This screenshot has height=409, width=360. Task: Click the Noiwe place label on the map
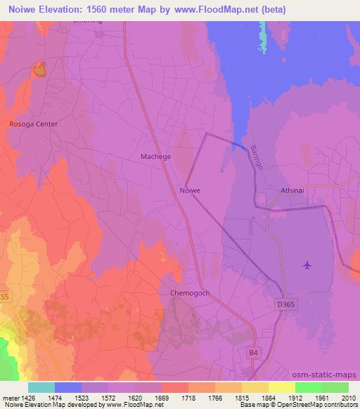point(190,190)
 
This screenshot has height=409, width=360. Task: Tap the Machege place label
point(157,157)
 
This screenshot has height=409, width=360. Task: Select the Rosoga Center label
point(33,124)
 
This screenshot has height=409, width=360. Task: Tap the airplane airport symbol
point(307,265)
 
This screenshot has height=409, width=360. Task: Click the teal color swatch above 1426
point(41,387)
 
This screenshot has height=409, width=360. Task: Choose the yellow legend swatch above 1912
point(282,387)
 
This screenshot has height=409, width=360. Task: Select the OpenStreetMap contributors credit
point(313,405)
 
